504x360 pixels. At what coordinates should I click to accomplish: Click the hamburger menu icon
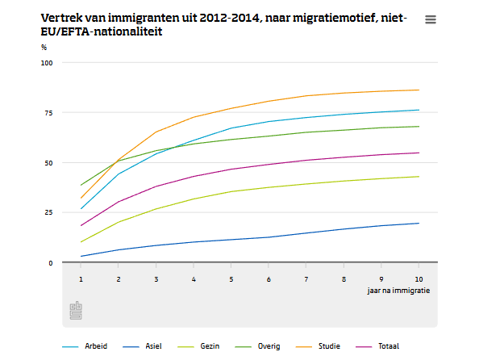pos(431,19)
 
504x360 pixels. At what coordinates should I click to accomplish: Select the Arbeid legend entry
pos(85,346)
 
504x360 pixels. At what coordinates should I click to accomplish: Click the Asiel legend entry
pos(142,346)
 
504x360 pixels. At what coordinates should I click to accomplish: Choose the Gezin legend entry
pos(198,346)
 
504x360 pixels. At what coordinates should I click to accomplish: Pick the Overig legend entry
pos(257,346)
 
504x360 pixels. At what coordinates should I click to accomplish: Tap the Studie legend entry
pos(318,346)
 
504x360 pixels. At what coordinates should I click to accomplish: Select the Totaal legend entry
pos(377,346)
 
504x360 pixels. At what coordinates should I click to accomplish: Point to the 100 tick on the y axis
pos(47,63)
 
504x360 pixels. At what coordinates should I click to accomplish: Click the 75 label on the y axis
pos(48,113)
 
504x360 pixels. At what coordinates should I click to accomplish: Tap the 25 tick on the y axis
pos(48,212)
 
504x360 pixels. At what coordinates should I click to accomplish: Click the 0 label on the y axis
pos(51,263)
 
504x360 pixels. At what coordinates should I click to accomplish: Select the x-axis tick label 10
pos(419,279)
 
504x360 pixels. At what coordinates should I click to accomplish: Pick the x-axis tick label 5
pos(231,279)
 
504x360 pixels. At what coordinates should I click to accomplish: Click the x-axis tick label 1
pos(81,279)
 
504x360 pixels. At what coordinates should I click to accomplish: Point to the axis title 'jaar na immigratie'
pos(398,291)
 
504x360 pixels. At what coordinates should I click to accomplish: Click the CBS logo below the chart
pos(76,311)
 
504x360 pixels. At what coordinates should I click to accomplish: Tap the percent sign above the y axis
pos(44,48)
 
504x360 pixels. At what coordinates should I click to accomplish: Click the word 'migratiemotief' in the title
pos(335,18)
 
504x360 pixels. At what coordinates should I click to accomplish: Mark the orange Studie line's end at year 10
pos(419,90)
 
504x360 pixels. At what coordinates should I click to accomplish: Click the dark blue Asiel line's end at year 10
pos(419,224)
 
